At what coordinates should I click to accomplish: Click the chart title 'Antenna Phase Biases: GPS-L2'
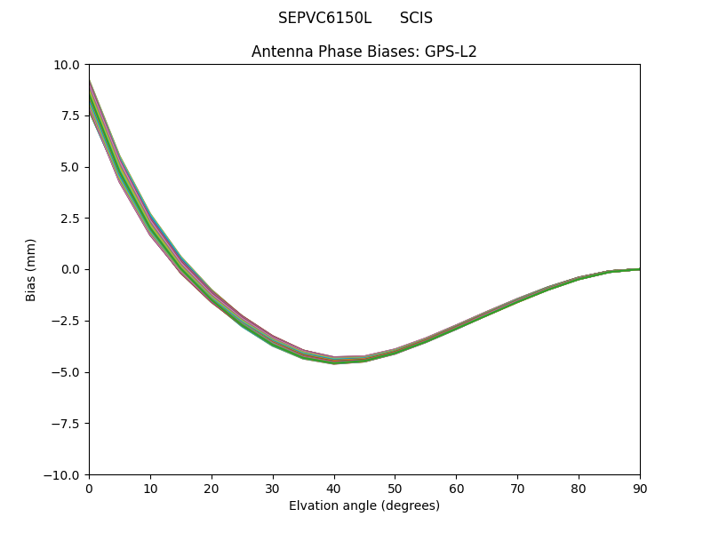tap(363, 52)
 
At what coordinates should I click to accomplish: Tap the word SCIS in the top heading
tap(416, 18)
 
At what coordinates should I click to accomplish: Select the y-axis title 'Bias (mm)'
tap(31, 269)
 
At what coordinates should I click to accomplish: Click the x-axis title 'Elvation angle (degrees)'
tap(363, 506)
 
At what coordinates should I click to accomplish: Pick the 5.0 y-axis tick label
tap(71, 167)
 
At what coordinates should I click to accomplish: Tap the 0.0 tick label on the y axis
tap(71, 270)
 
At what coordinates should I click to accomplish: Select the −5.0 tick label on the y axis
tap(67, 372)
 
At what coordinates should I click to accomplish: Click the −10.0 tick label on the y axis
tap(64, 475)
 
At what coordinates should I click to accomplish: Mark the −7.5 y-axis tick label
tap(67, 424)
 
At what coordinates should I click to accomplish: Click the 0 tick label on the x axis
tap(89, 489)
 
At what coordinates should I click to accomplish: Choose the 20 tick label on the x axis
tap(212, 489)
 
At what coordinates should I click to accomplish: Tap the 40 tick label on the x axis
tap(334, 489)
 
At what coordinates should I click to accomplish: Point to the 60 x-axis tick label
tap(456, 489)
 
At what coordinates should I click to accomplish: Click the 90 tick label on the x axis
tap(640, 489)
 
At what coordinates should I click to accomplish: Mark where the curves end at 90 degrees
tap(639, 269)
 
